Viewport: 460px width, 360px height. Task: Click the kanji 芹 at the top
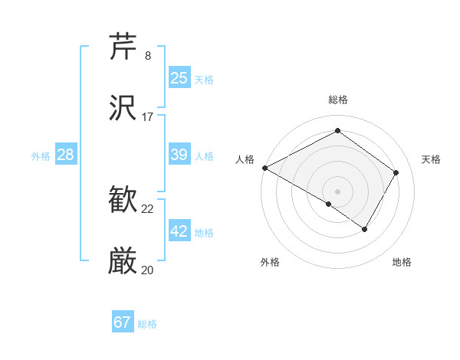[123, 47]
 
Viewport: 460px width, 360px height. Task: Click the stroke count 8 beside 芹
[148, 56]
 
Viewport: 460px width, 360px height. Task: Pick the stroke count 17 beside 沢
[148, 117]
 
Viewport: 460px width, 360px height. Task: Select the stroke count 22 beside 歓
[148, 209]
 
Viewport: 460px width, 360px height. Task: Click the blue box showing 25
[179, 77]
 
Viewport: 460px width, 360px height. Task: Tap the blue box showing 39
[179, 155]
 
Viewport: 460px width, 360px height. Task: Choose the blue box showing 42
[179, 231]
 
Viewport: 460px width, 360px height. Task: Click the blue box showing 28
[66, 155]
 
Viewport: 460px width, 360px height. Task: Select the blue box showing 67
[123, 322]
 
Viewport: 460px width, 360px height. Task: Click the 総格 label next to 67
[147, 324]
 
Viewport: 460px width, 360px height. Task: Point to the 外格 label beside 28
[41, 156]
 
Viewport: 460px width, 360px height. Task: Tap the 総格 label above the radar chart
[338, 100]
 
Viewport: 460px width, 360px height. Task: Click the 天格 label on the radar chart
[432, 159]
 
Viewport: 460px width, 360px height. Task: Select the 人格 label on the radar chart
[245, 159]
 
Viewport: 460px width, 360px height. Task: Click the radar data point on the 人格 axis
[264, 168]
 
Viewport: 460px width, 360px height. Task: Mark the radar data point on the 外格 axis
[329, 204]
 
